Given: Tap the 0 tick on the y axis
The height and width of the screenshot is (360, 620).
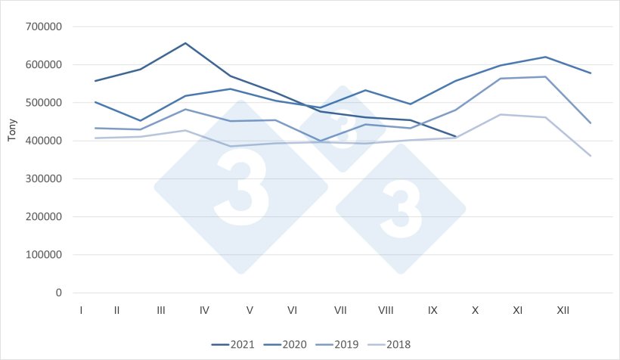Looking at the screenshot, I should pyautogui.click(x=58, y=293).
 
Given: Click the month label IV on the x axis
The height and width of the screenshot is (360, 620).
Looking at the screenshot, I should pyautogui.click(x=205, y=310).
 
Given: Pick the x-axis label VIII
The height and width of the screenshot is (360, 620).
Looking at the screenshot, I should pyautogui.click(x=386, y=310).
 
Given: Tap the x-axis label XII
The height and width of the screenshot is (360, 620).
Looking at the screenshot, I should pyautogui.click(x=563, y=310).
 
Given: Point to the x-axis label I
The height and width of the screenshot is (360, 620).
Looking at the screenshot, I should pyautogui.click(x=80, y=310).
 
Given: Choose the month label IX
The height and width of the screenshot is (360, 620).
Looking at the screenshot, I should pyautogui.click(x=432, y=310).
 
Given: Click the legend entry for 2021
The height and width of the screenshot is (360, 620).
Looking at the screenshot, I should pyautogui.click(x=236, y=344).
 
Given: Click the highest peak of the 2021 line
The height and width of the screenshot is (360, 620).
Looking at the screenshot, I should pyautogui.click(x=185, y=43).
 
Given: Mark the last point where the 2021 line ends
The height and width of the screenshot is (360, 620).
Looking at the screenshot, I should pyautogui.click(x=455, y=137).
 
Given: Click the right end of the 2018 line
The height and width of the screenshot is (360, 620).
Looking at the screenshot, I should pyautogui.click(x=591, y=156).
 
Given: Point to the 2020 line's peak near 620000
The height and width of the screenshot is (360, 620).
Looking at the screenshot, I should pyautogui.click(x=545, y=57).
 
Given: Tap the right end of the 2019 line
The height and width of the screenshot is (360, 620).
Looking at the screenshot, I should pyautogui.click(x=591, y=123).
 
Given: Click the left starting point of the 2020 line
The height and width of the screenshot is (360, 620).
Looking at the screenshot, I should pyautogui.click(x=95, y=101).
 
